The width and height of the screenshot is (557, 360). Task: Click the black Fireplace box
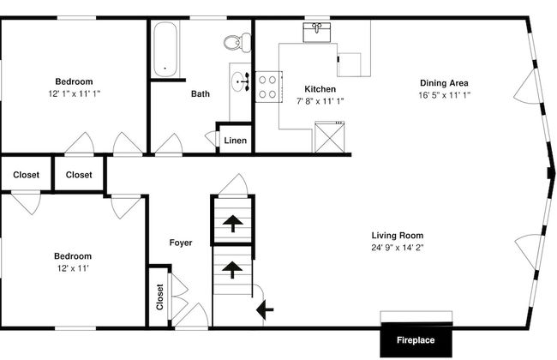coord(416,339)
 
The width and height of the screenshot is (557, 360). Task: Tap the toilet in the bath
coord(237,42)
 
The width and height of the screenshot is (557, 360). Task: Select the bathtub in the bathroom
coord(165,49)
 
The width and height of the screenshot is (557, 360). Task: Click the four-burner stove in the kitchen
coord(268,87)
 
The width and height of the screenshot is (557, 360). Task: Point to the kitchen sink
coord(317,32)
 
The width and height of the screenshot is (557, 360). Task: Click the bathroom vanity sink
coord(241,81)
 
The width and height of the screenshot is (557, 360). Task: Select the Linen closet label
coord(235,141)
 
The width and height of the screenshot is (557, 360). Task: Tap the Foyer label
coord(181,243)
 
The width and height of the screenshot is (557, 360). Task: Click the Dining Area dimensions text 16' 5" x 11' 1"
coord(444,95)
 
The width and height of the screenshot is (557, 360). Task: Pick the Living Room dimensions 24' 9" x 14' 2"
coord(397,248)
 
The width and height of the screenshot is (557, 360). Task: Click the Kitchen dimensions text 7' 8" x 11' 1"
coord(320,101)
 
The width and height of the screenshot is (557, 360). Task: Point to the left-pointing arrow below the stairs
coord(265,309)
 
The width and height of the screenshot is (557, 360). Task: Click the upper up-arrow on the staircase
coord(233,224)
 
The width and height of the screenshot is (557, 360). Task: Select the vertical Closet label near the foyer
coord(159,297)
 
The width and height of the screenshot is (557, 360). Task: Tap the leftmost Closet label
coord(26,175)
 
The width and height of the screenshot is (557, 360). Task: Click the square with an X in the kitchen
coord(330,137)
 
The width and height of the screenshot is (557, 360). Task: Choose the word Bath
coord(201,93)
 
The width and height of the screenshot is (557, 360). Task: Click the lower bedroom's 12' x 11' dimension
coord(73,268)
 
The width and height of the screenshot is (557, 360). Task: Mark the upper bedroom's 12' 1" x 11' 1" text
coord(75,93)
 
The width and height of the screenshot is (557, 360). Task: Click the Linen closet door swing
coord(211,138)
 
